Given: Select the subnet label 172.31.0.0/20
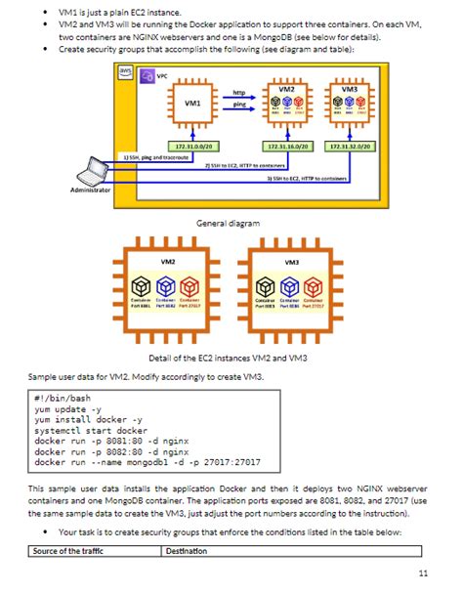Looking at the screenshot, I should coord(192,145).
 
